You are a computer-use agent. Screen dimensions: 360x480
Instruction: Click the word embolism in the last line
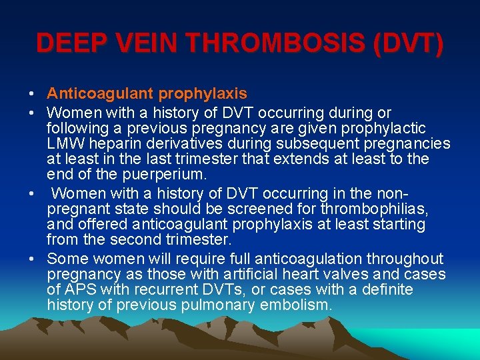[x=297, y=306]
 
